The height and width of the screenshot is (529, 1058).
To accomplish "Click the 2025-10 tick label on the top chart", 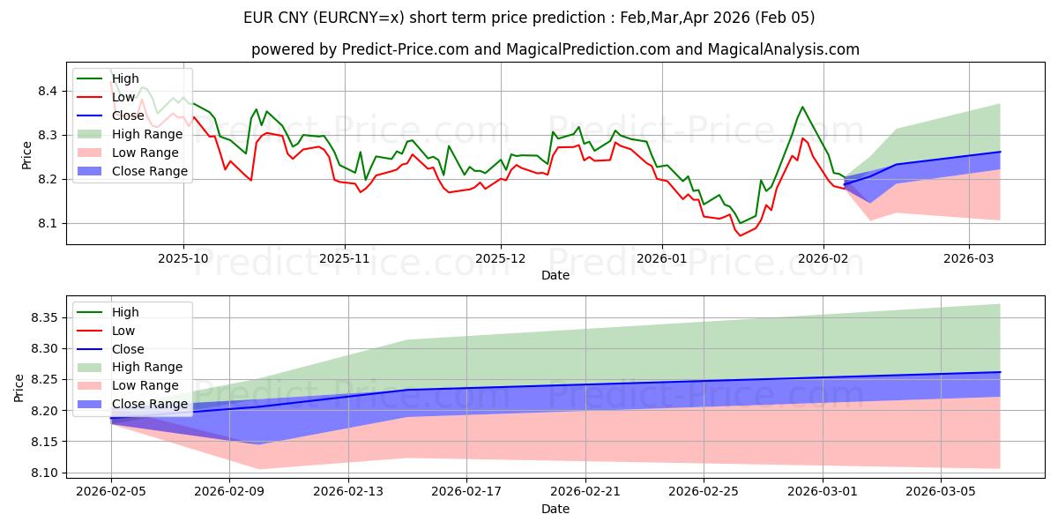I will [x=183, y=257].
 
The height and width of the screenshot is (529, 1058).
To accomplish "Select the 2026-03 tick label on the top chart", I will [x=969, y=257].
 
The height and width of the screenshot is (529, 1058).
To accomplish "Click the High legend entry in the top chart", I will [x=125, y=78].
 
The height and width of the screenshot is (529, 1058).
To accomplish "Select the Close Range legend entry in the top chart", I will [x=150, y=171].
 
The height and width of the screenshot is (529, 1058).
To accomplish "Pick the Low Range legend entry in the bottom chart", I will [x=147, y=385].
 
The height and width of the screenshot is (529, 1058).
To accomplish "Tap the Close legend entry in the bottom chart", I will [x=129, y=349].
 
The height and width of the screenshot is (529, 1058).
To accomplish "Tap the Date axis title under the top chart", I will [x=555, y=275].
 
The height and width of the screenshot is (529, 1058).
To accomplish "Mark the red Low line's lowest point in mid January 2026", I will [x=740, y=235].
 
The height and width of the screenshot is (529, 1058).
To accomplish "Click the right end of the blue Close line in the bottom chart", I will [x=1000, y=372].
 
